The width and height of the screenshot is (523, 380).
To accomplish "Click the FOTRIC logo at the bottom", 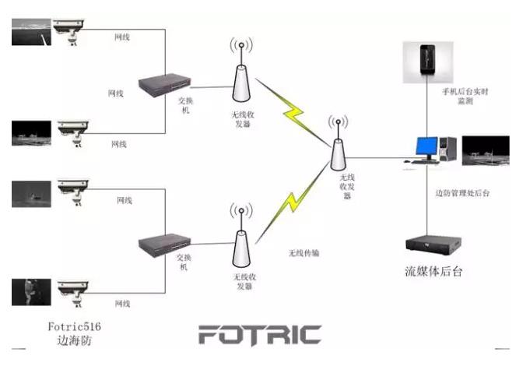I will click(x=259, y=335).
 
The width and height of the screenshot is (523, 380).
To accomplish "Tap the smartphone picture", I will click(x=424, y=62).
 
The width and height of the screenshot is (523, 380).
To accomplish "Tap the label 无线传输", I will click(x=304, y=253).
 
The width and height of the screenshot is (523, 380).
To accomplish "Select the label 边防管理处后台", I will click(x=462, y=192).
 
